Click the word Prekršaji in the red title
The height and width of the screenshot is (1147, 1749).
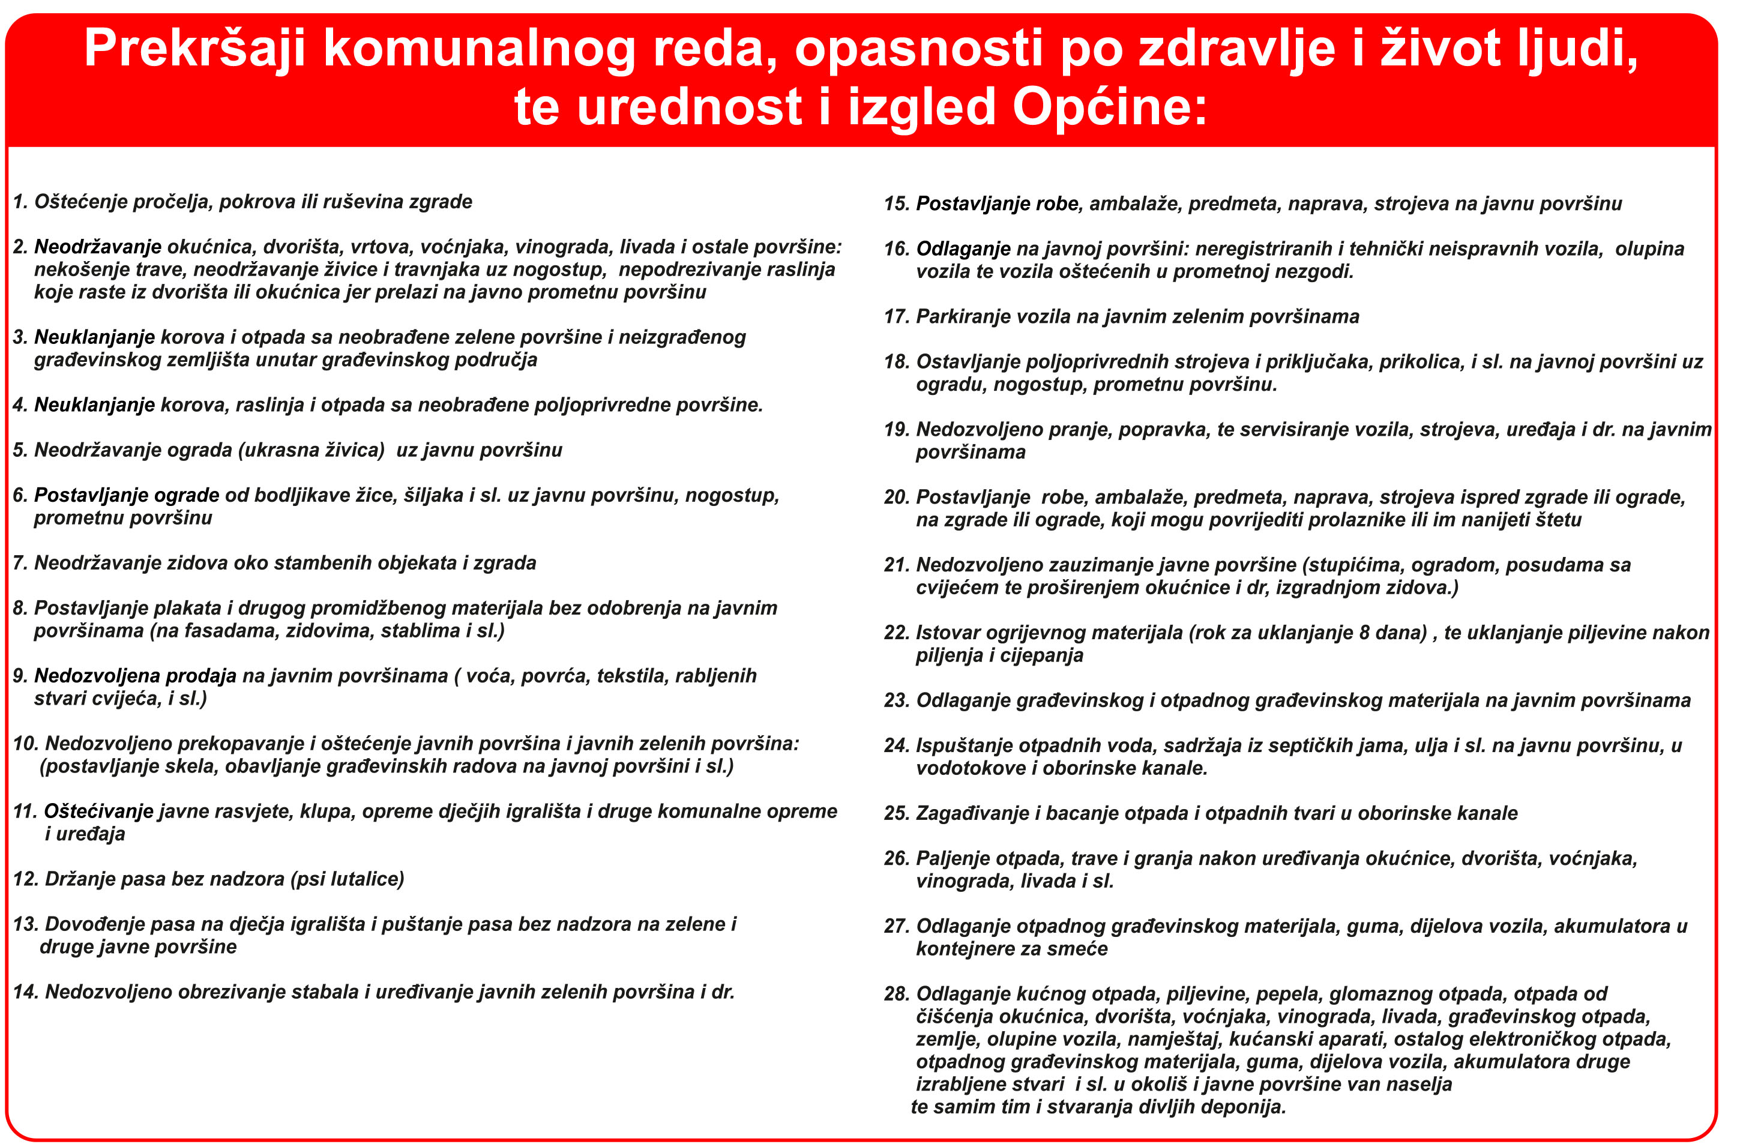pyautogui.click(x=194, y=49)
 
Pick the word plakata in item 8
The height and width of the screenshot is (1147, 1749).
pyautogui.click(x=186, y=609)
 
